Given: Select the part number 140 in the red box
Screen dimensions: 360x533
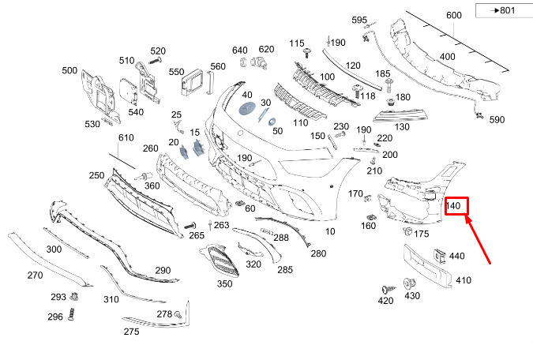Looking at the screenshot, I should pyautogui.click(x=454, y=207).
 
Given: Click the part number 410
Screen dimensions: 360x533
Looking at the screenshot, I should pyautogui.click(x=463, y=279).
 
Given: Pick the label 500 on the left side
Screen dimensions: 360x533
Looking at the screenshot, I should pyautogui.click(x=69, y=71).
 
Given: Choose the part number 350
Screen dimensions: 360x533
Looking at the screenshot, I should pyautogui.click(x=225, y=283).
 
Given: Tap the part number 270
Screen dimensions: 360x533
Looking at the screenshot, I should pyautogui.click(x=35, y=276).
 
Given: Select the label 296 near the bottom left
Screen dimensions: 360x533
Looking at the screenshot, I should pyautogui.click(x=55, y=317).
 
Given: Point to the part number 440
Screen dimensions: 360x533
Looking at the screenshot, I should pyautogui.click(x=457, y=256).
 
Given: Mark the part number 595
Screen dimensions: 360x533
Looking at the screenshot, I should pyautogui.click(x=359, y=20).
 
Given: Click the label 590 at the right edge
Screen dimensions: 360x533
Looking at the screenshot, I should pyautogui.click(x=497, y=120).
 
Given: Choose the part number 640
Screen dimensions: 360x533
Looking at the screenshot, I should pyautogui.click(x=239, y=49).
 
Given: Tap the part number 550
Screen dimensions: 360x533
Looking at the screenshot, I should pyautogui.click(x=176, y=71).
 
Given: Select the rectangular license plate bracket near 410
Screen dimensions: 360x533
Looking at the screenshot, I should pyautogui.click(x=426, y=266).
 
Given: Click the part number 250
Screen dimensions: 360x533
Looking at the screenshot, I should pyautogui.click(x=96, y=175).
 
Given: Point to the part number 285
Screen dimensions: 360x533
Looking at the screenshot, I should pyautogui.click(x=284, y=270).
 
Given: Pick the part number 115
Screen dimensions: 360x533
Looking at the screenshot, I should pyautogui.click(x=297, y=43).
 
